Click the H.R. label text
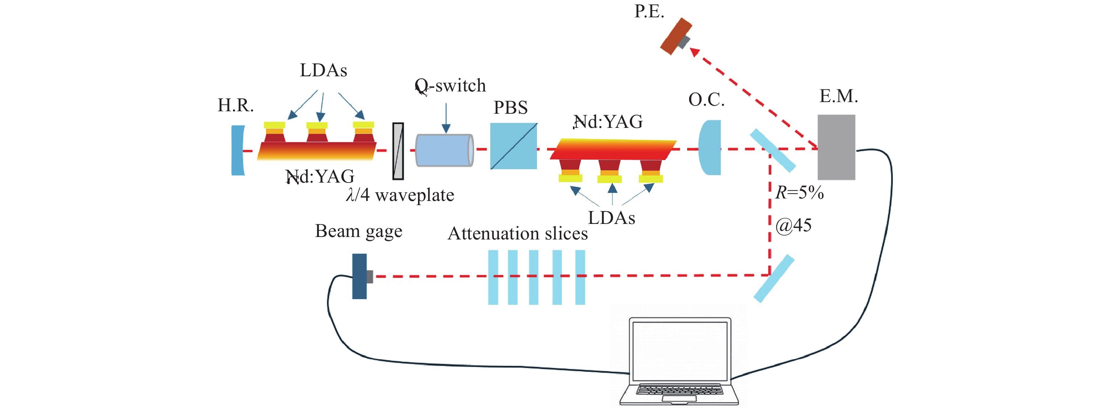[235, 105]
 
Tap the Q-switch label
[450, 85]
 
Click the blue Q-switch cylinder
[444, 150]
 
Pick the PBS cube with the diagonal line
[513, 146]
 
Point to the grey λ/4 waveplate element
[397, 151]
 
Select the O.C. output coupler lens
[710, 148]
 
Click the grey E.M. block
[836, 147]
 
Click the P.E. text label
[649, 11]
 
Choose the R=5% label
[799, 192]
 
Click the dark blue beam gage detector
[360, 277]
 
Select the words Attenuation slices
[518, 234]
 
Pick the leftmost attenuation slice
[493, 277]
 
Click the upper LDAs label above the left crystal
[323, 70]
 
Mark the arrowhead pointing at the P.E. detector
[694, 52]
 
